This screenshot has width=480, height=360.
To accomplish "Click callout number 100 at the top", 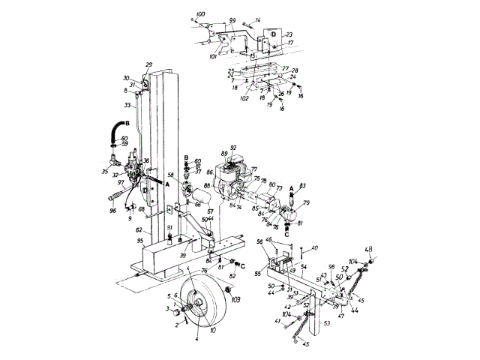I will [199, 15].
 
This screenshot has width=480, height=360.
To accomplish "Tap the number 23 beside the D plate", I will [289, 34].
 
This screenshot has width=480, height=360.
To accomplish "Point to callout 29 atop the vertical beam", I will [148, 64].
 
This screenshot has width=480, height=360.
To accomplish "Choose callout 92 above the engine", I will [233, 148].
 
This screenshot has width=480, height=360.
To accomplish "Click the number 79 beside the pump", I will [305, 202].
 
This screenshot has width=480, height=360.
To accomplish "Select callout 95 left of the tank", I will [141, 241].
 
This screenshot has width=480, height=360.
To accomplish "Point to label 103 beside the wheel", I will [235, 298].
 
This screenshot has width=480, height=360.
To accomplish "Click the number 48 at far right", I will [369, 250].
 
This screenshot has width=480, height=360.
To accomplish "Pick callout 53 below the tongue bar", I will [326, 323].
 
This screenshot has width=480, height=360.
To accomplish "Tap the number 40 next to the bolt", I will [314, 247].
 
